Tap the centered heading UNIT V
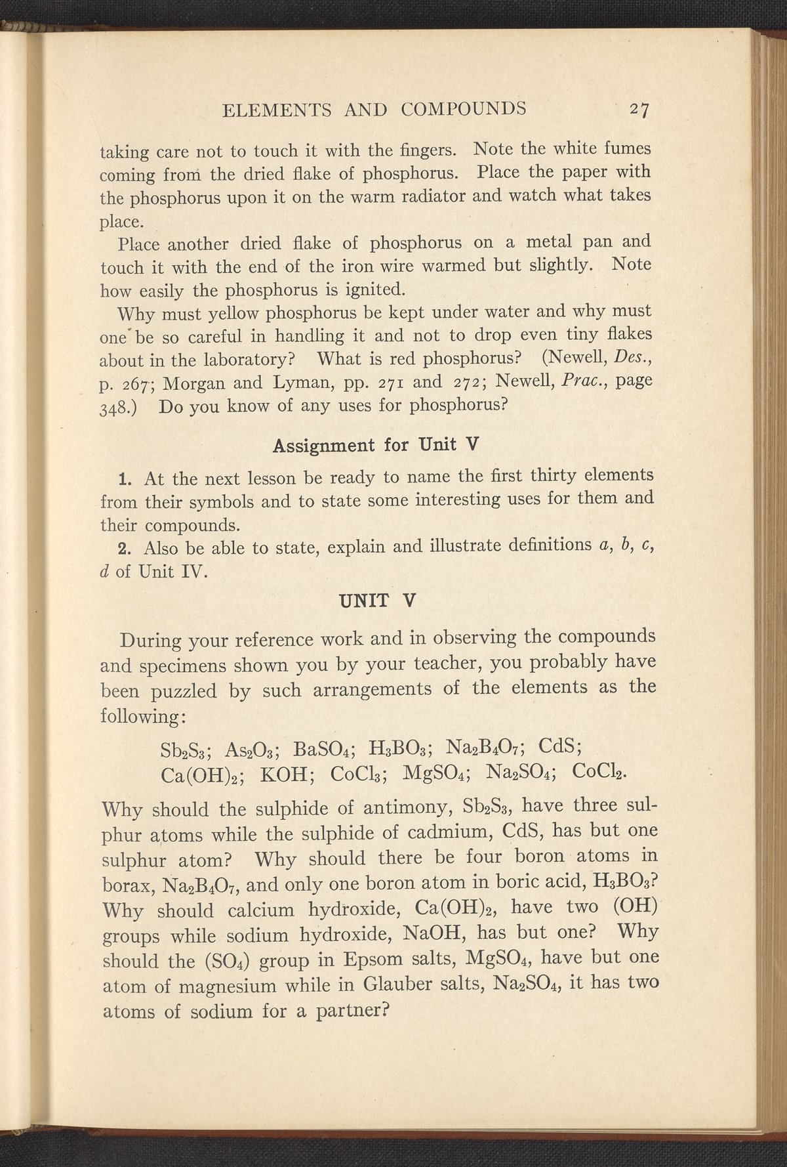point(374,599)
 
